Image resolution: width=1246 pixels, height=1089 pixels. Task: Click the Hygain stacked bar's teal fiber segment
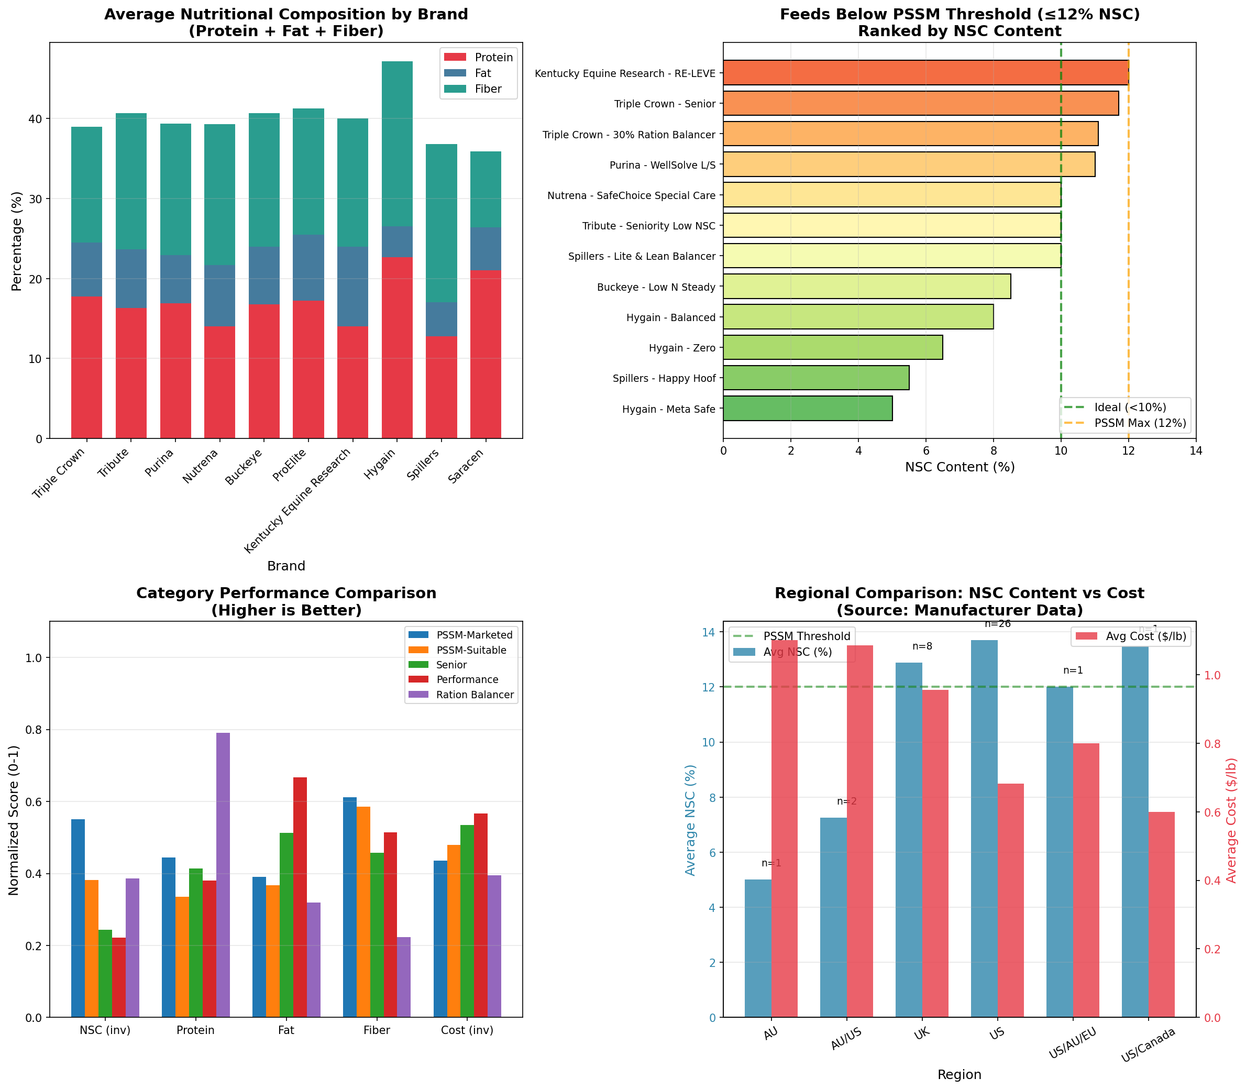[396, 144]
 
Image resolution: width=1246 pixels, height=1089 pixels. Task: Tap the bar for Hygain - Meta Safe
[808, 409]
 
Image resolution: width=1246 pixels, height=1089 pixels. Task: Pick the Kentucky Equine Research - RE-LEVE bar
[925, 73]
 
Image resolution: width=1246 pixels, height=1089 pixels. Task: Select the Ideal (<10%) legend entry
[1130, 407]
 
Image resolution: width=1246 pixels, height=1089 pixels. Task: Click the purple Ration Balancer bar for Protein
[223, 875]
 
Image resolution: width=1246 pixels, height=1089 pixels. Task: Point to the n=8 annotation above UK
[922, 646]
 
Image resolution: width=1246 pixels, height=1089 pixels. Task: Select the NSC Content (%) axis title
[960, 467]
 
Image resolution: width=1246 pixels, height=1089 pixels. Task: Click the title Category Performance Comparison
[286, 593]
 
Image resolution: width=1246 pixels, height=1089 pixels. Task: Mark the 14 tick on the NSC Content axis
[1196, 452]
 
